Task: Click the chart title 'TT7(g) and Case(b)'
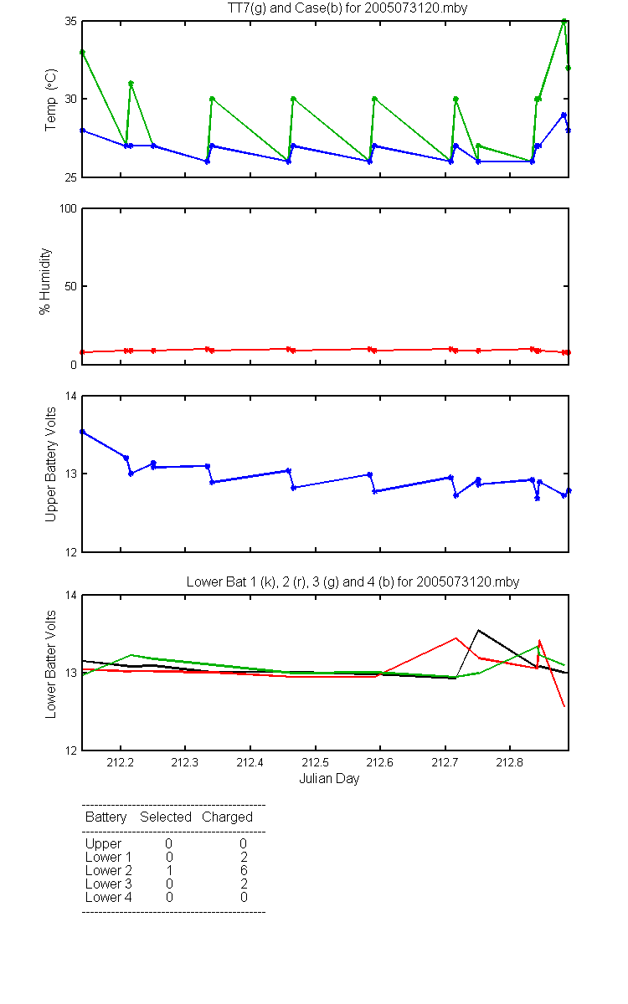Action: (x=285, y=8)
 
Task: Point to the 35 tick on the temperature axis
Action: (x=71, y=22)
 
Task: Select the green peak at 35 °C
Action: (x=564, y=21)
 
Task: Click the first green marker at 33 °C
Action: (x=82, y=53)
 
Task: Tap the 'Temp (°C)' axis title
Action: (x=51, y=100)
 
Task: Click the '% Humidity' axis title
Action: (x=45, y=281)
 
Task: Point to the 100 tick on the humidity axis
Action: (x=68, y=209)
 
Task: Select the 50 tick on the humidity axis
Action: (x=71, y=286)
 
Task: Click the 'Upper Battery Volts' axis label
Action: (x=51, y=465)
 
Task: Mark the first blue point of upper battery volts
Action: (x=82, y=432)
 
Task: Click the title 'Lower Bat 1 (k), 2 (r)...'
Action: (x=353, y=581)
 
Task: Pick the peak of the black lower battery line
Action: (x=478, y=630)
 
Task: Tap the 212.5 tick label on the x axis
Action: (x=315, y=762)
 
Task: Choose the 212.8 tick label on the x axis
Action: (x=510, y=762)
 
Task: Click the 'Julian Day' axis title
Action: (x=329, y=779)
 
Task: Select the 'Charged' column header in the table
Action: (x=227, y=817)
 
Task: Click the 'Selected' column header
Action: (x=166, y=817)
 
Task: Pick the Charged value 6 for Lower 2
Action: (x=244, y=870)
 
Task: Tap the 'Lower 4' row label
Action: (x=109, y=897)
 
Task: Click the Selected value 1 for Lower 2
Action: (x=169, y=870)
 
